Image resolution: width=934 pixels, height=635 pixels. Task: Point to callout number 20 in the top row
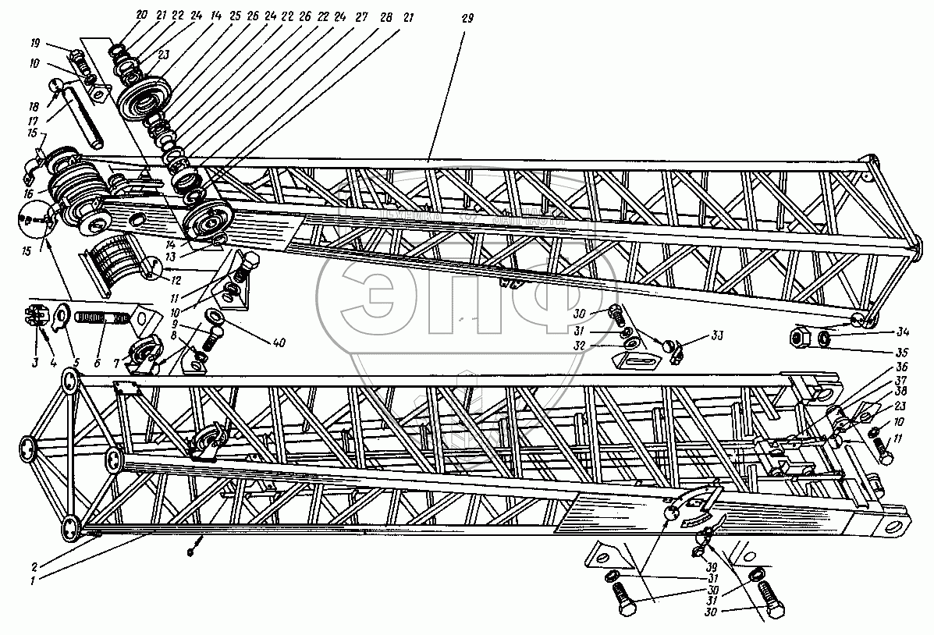click(x=141, y=15)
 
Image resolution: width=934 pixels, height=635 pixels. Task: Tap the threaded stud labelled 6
click(x=104, y=319)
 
